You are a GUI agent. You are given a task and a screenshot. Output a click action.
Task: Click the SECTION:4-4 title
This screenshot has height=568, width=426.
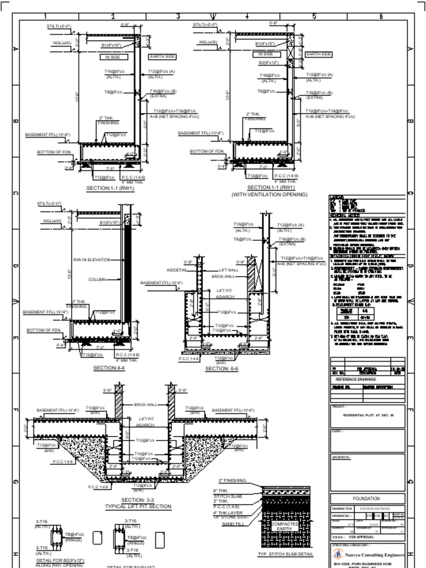109,368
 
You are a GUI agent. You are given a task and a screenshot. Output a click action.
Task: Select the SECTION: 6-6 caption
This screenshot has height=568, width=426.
221,368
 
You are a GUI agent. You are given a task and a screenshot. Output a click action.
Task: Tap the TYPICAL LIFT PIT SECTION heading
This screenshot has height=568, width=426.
138,506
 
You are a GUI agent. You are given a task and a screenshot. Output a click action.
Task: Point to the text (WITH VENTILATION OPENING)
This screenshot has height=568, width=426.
269,195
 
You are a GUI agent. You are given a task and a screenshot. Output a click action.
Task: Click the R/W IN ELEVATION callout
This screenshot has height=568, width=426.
92,260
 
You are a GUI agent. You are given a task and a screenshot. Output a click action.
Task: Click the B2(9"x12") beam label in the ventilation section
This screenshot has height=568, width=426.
268,63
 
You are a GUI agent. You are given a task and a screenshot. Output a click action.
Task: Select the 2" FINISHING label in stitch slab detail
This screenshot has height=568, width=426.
232,481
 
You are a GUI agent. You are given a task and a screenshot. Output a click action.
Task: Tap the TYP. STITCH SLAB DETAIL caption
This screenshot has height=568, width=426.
286,554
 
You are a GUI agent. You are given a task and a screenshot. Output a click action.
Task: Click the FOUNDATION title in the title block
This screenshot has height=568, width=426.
366,499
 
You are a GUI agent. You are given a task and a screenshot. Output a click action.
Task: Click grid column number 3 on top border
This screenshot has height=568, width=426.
179,16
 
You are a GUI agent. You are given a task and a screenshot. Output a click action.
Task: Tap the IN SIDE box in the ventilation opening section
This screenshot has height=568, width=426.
265,54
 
